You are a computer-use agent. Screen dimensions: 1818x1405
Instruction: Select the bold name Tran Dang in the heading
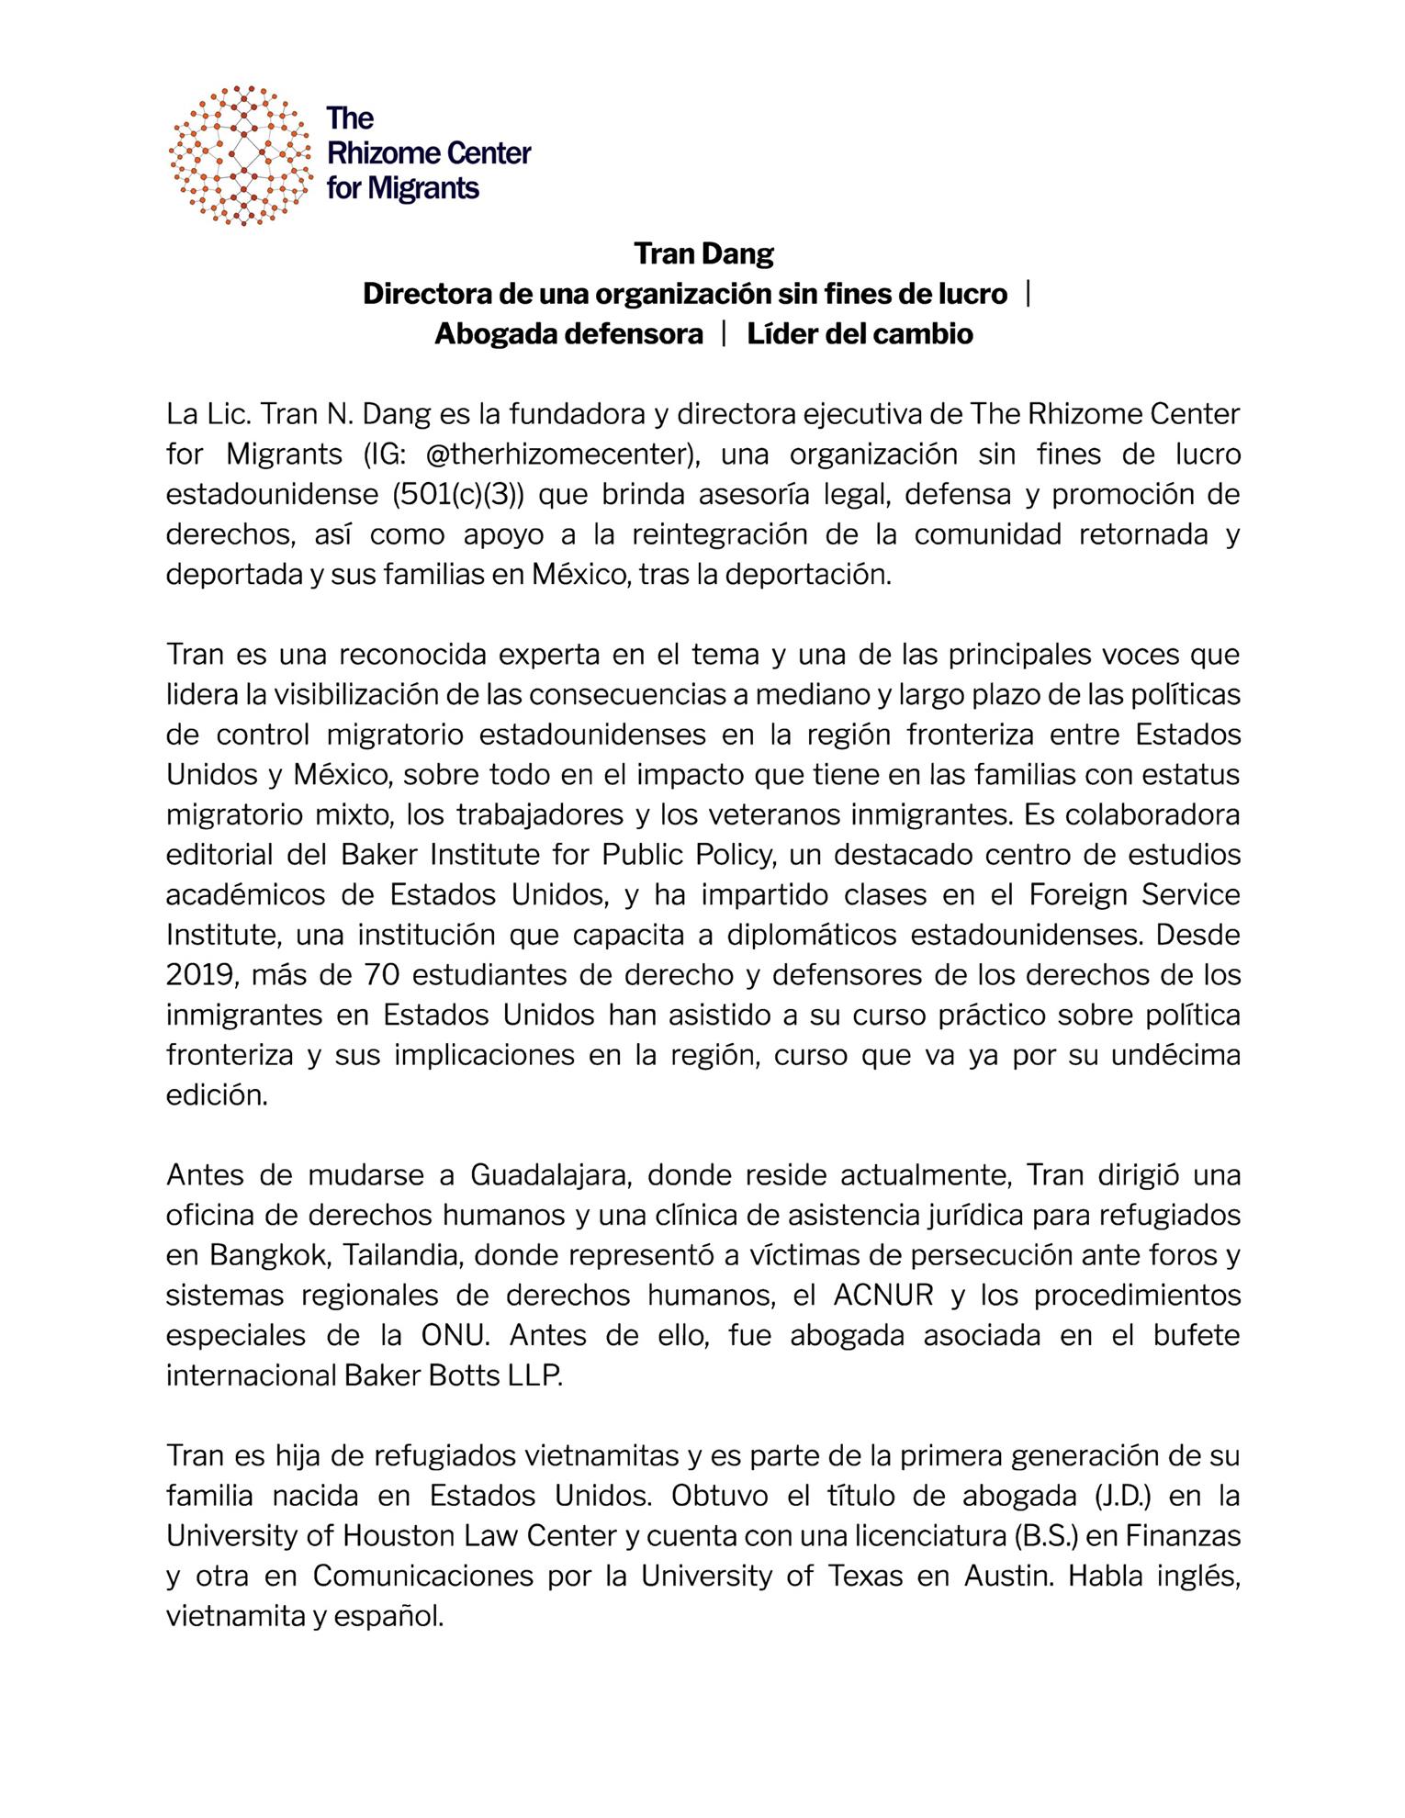click(703, 253)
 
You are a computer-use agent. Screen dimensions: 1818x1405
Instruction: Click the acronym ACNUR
click(883, 1295)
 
